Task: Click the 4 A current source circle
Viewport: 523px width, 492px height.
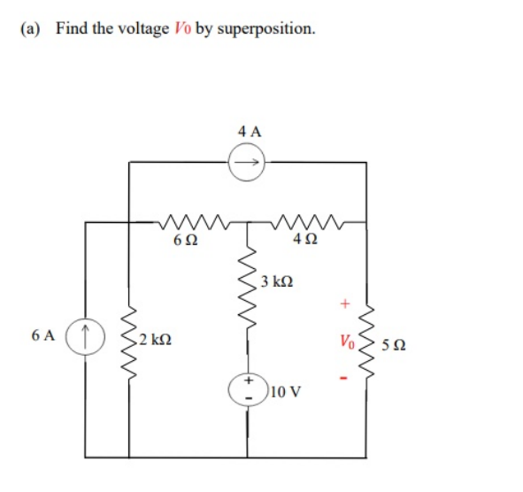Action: click(x=248, y=162)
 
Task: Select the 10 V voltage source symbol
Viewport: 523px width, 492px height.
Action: click(x=248, y=387)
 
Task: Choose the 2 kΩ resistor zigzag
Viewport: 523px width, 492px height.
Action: click(x=129, y=337)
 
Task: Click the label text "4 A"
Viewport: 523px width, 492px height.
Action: click(x=250, y=131)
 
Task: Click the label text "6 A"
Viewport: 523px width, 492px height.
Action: click(x=41, y=336)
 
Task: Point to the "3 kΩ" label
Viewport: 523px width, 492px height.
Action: click(x=277, y=283)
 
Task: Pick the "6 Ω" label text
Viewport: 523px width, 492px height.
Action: click(x=183, y=240)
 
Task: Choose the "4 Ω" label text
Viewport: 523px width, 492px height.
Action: click(x=304, y=240)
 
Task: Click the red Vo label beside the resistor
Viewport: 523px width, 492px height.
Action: click(x=344, y=339)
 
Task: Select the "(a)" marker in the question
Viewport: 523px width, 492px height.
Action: click(x=30, y=28)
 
